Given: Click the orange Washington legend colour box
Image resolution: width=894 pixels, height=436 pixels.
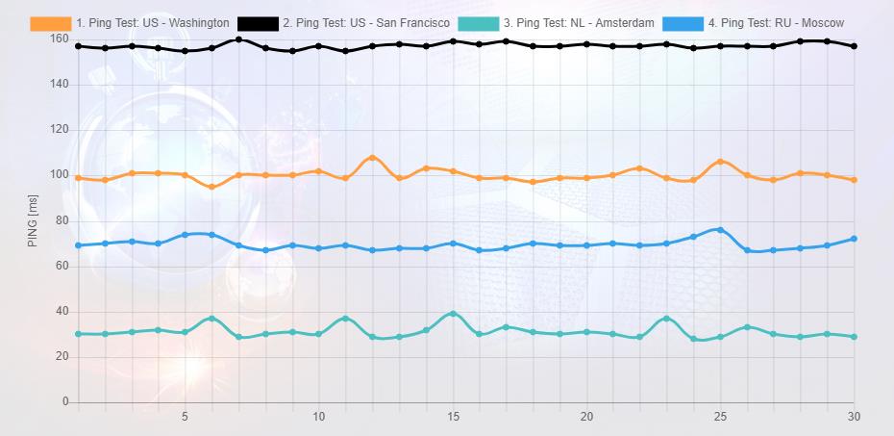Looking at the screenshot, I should click(x=51, y=23).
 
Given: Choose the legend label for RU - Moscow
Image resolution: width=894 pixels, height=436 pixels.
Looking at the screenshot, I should click(x=776, y=23).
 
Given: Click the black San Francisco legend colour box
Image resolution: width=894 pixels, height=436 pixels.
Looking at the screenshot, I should click(x=258, y=23).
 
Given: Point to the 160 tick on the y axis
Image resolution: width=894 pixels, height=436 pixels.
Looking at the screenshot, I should click(x=60, y=39).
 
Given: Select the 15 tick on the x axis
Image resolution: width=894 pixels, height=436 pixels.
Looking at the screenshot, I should click(x=453, y=417).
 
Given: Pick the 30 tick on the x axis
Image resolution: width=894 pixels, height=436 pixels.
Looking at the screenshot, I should click(x=854, y=417).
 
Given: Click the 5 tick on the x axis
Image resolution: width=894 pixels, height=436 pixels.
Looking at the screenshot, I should click(x=186, y=417).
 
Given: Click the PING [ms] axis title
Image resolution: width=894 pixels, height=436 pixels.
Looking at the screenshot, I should click(x=33, y=220).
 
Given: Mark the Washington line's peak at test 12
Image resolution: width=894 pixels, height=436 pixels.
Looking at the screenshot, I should click(x=372, y=158).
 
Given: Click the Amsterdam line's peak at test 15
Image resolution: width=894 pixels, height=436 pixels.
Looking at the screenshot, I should click(x=453, y=314).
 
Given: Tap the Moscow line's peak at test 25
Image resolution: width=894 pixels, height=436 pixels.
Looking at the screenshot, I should click(x=720, y=230).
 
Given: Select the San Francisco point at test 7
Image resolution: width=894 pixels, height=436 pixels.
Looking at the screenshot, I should click(x=238, y=39).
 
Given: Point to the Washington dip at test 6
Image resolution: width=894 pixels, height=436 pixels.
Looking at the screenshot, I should click(x=211, y=187).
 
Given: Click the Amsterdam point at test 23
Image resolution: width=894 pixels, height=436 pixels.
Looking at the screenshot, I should click(x=666, y=319).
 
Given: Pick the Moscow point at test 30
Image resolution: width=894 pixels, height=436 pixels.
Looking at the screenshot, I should click(x=854, y=239).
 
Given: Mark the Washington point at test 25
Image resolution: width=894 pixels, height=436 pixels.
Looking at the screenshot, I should click(x=720, y=162).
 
